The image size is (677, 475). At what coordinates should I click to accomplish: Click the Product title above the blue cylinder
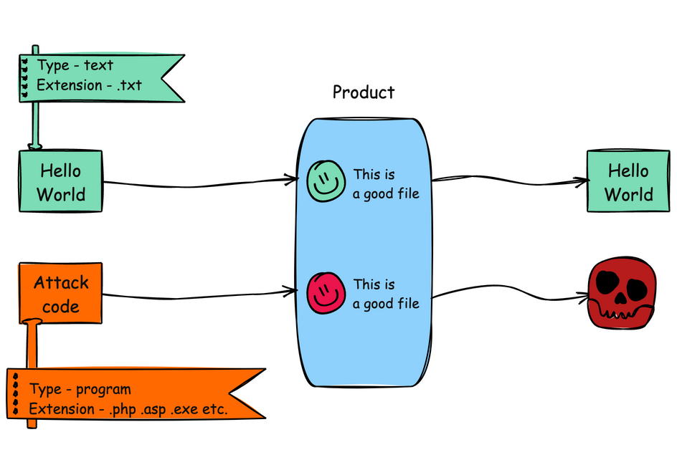click(x=363, y=92)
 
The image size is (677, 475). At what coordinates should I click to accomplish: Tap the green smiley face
click(x=325, y=179)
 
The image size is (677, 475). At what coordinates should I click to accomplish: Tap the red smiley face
click(x=325, y=291)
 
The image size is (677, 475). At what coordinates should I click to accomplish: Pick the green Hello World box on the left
click(x=61, y=182)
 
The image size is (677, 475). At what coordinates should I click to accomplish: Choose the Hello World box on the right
click(x=628, y=182)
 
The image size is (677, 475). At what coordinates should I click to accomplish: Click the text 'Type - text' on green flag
click(x=75, y=65)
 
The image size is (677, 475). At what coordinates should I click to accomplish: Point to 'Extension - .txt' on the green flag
click(x=89, y=85)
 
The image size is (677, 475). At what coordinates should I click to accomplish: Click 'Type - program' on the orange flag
click(x=80, y=390)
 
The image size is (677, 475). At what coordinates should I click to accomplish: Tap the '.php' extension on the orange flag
click(x=123, y=410)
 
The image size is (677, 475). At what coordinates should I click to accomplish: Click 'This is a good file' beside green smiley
click(x=386, y=183)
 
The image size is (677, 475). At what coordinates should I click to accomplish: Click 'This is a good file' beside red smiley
click(x=386, y=294)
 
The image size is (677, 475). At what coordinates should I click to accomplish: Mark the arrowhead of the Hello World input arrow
click(x=293, y=178)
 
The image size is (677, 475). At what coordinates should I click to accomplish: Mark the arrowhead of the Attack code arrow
click(x=293, y=290)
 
